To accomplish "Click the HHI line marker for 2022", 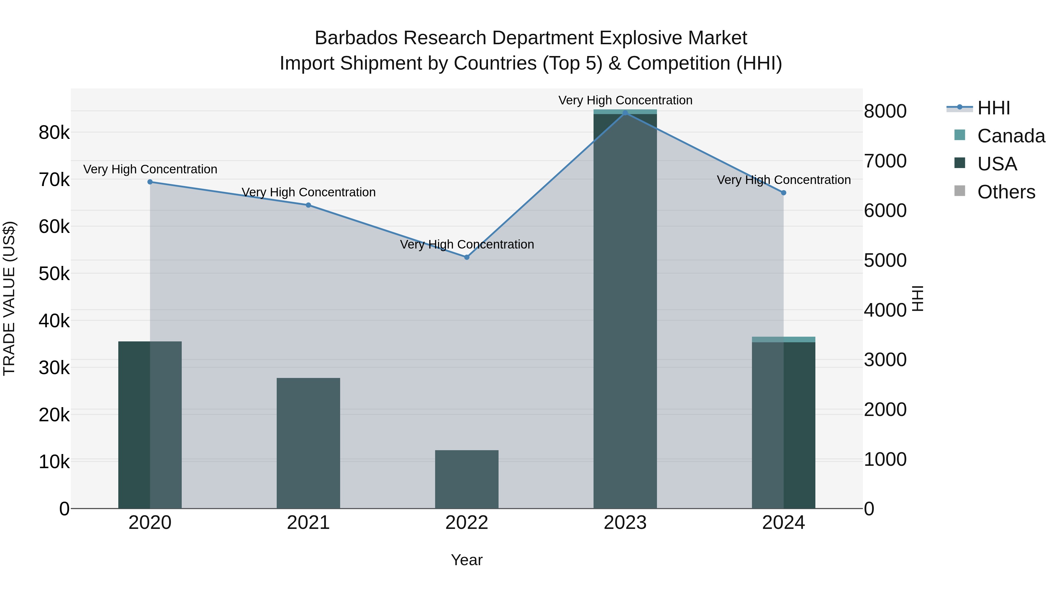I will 467,257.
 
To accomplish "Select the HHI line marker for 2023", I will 625,113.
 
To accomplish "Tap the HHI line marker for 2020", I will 150,182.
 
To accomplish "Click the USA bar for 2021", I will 308,443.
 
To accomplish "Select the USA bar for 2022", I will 467,479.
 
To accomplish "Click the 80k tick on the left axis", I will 54,133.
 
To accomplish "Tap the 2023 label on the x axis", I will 625,523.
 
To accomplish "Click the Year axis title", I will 467,560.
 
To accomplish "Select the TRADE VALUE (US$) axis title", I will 9,298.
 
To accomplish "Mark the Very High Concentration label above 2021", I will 308,193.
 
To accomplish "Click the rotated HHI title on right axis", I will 918,298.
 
